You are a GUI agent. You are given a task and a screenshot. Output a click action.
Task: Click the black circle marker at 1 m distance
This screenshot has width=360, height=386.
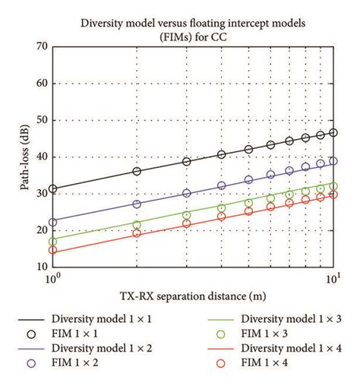point(52,189)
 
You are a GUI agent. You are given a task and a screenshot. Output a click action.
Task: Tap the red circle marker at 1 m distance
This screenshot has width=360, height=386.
point(52,250)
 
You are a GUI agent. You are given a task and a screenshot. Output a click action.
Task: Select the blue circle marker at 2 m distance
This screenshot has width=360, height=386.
point(137,204)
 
